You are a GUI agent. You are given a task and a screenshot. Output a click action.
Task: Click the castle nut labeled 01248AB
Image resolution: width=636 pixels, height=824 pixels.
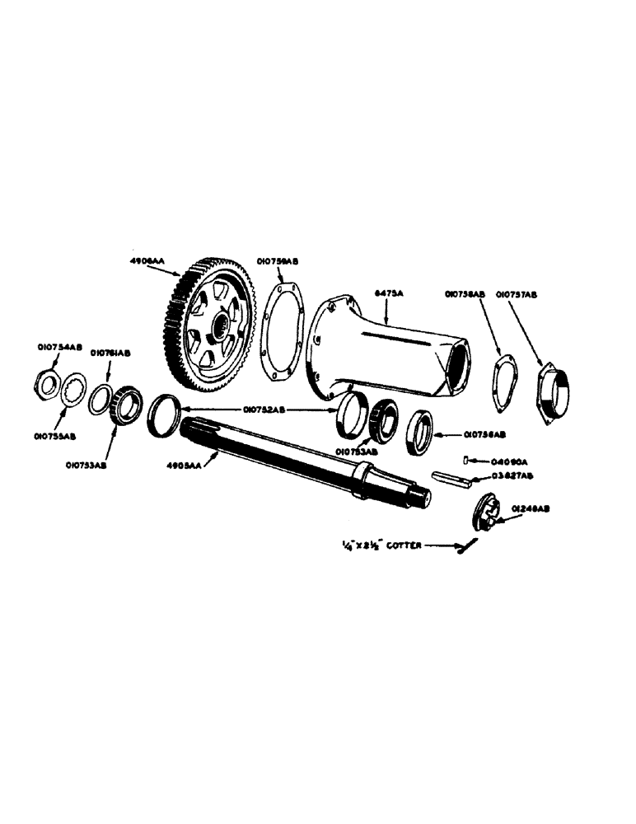(487, 513)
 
